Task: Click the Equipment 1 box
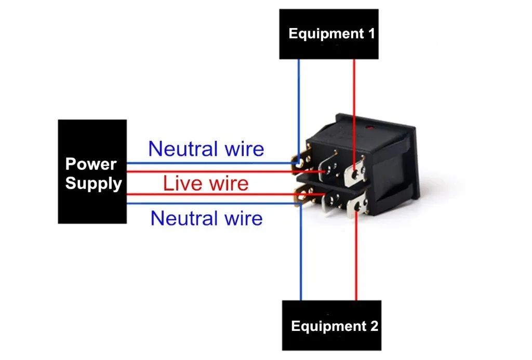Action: [328, 34]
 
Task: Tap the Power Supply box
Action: [92, 171]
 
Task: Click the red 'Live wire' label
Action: [206, 183]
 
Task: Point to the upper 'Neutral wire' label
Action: [206, 149]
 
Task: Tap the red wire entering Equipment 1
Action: [354, 88]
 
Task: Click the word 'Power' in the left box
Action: [90, 164]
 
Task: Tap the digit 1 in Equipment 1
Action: [371, 34]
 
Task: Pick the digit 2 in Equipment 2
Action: [374, 326]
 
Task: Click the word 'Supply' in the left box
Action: [94, 183]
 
